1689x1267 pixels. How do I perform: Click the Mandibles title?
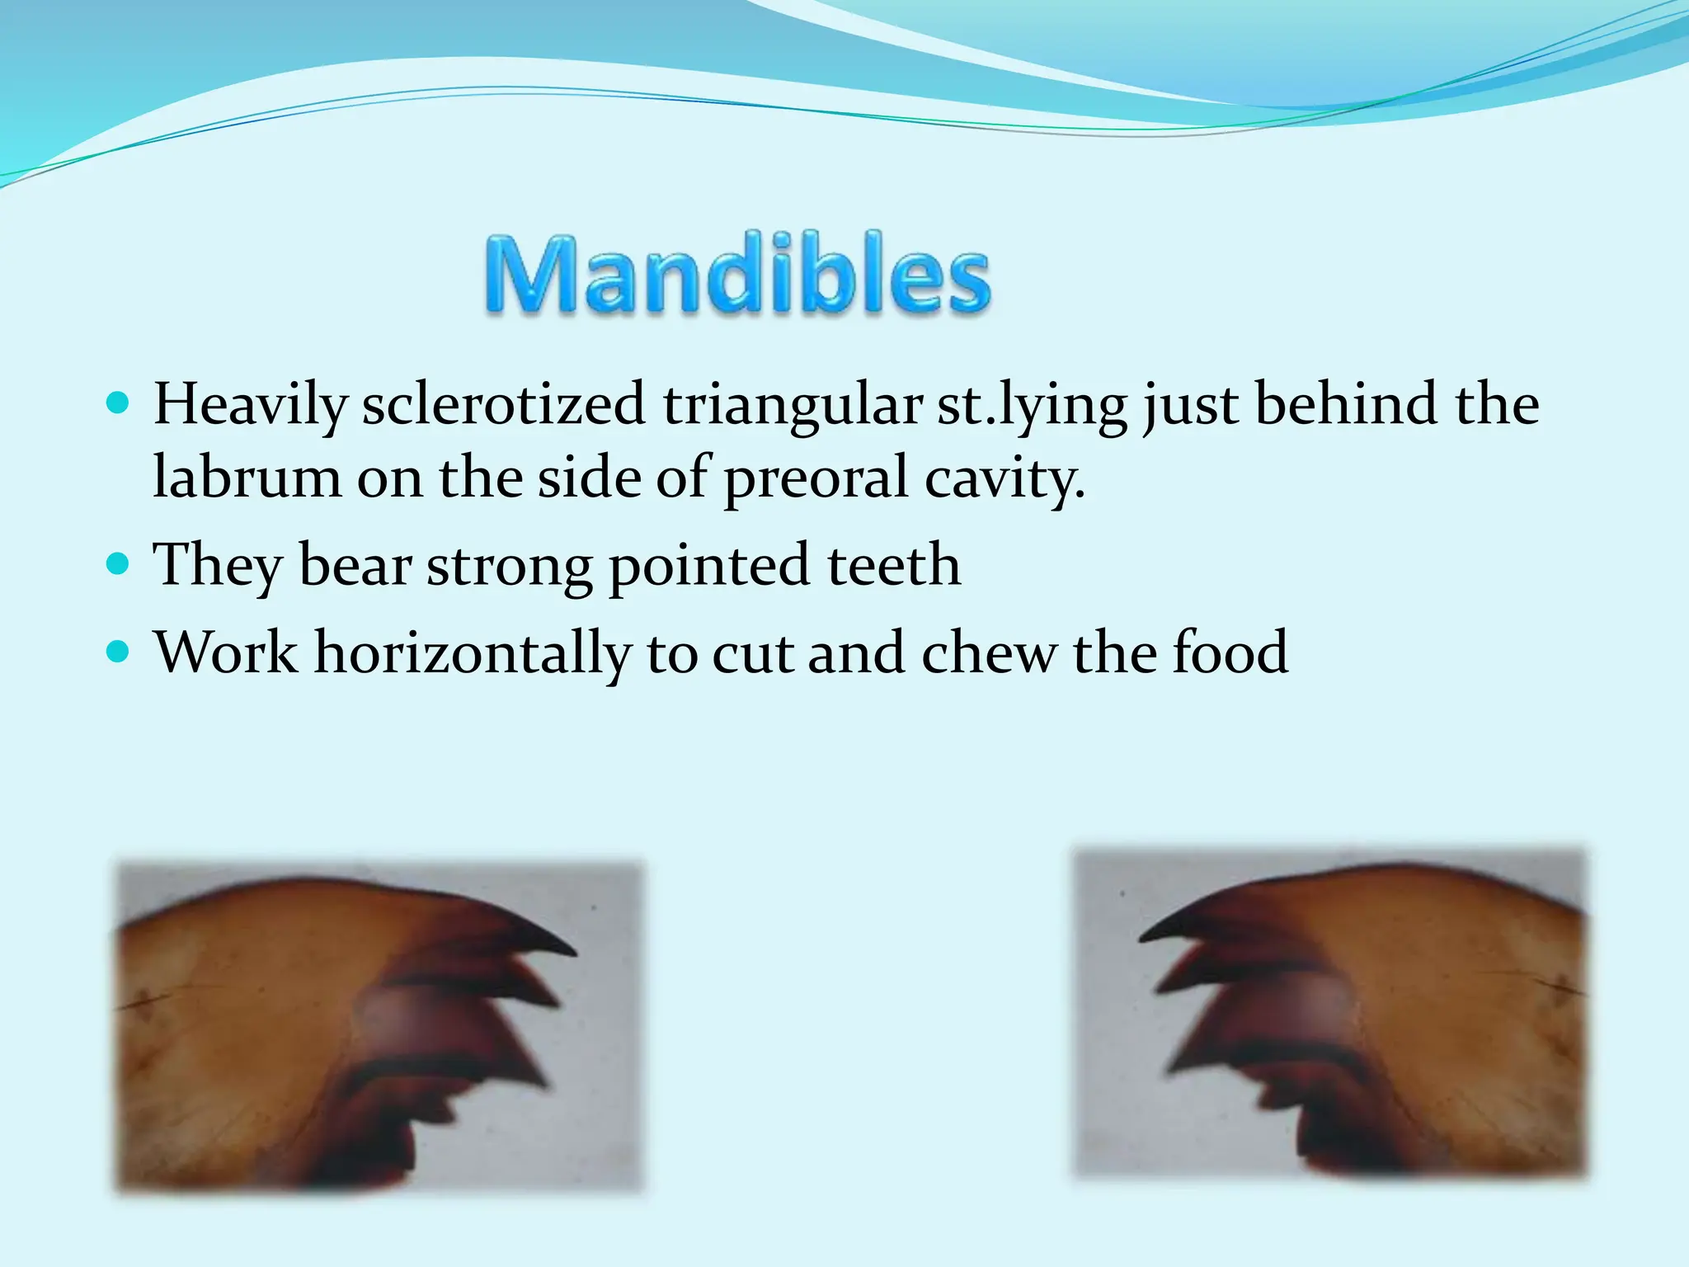click(x=736, y=275)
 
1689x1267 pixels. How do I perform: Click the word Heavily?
click(x=251, y=406)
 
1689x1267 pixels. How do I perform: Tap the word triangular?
click(x=792, y=406)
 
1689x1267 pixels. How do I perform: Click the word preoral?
click(x=816, y=478)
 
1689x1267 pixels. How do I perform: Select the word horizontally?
click(x=472, y=653)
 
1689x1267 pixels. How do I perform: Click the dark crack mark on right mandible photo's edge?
click(x=1561, y=982)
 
